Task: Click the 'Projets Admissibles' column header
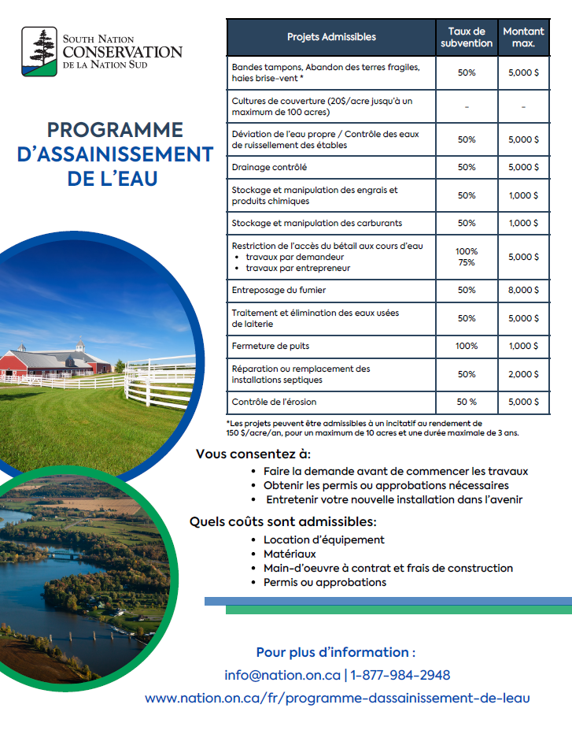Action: coord(331,37)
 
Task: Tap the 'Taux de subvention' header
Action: coord(467,37)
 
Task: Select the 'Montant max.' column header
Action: coord(523,37)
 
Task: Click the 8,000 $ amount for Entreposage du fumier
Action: coord(523,290)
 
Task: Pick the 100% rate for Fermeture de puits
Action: coord(467,346)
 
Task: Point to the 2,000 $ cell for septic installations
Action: coord(523,374)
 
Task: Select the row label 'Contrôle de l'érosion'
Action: coord(273,402)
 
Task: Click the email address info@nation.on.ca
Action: coord(282,675)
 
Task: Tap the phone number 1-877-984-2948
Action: coord(400,675)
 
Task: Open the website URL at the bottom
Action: coord(338,698)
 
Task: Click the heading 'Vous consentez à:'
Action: coord(253,454)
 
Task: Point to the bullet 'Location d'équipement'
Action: coord(323,539)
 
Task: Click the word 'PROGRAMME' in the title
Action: coord(115,130)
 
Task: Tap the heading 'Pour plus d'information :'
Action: coord(336,652)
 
